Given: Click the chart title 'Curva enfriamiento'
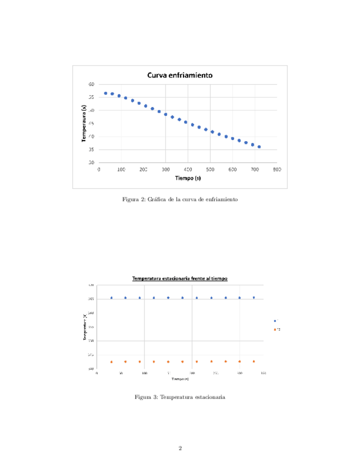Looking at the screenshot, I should pyautogui.click(x=179, y=75).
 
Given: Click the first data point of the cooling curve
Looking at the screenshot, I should pyautogui.click(x=106, y=93).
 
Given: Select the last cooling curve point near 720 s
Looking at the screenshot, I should pyautogui.click(x=259, y=147).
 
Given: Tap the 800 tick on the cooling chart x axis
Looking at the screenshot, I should pyautogui.click(x=277, y=170).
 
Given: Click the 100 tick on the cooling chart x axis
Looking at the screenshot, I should pyautogui.click(x=121, y=170).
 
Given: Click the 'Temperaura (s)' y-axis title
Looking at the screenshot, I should pyautogui.click(x=84, y=124).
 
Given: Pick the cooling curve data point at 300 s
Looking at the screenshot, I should pyautogui.click(x=165, y=114).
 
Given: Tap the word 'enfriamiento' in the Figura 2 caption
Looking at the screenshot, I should pyautogui.click(x=222, y=199).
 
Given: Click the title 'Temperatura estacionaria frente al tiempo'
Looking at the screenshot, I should pyautogui.click(x=180, y=279).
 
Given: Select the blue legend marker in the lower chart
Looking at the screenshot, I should pyautogui.click(x=275, y=321).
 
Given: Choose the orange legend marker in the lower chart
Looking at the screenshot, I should pyautogui.click(x=275, y=330).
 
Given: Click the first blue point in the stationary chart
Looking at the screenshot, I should pyautogui.click(x=112, y=298).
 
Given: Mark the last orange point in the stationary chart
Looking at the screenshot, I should pyautogui.click(x=253, y=361).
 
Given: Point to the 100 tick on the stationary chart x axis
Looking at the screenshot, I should pyautogui.click(x=144, y=373).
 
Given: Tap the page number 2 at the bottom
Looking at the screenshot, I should pyautogui.click(x=180, y=448).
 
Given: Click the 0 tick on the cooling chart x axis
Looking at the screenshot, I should pyautogui.click(x=99, y=170).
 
